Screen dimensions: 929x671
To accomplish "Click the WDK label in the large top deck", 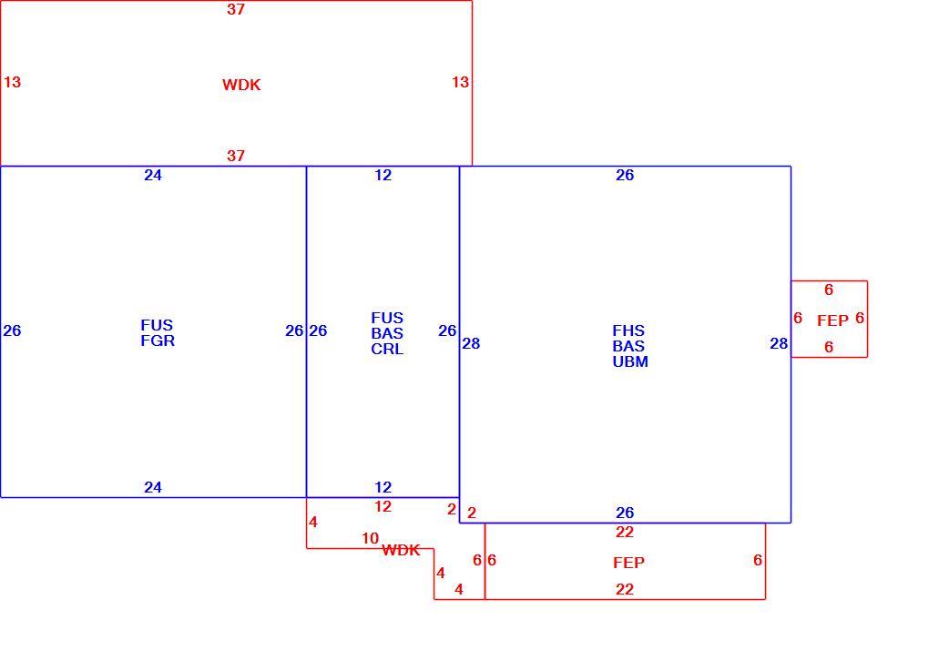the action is (241, 85).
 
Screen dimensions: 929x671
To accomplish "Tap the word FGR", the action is (158, 341).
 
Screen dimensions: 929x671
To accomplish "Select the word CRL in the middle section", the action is (387, 349).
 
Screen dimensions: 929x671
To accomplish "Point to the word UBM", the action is (629, 361).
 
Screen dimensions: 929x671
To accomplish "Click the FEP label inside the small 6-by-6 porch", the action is (832, 320).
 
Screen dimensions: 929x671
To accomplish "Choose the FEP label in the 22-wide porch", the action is (628, 562).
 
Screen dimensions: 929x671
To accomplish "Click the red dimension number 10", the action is (371, 538).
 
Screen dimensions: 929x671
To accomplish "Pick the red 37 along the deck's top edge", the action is (236, 9).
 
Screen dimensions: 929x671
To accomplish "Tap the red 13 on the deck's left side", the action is (12, 82).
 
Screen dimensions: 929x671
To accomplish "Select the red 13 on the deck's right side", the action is (460, 82).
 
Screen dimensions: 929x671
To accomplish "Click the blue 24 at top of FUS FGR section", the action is (153, 175).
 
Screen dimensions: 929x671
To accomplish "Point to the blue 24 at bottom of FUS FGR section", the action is (153, 487).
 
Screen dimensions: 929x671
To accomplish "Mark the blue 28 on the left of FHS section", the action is (471, 343).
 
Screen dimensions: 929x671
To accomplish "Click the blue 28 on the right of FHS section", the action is (779, 343).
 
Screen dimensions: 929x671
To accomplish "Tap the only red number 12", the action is (383, 506).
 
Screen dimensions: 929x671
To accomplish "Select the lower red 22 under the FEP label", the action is (625, 589).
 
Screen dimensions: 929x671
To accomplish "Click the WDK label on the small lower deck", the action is (401, 550).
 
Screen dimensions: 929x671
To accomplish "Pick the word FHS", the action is (628, 330).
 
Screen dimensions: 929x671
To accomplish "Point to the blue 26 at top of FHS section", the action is (625, 175).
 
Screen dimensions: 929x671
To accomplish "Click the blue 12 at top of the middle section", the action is (383, 175).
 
